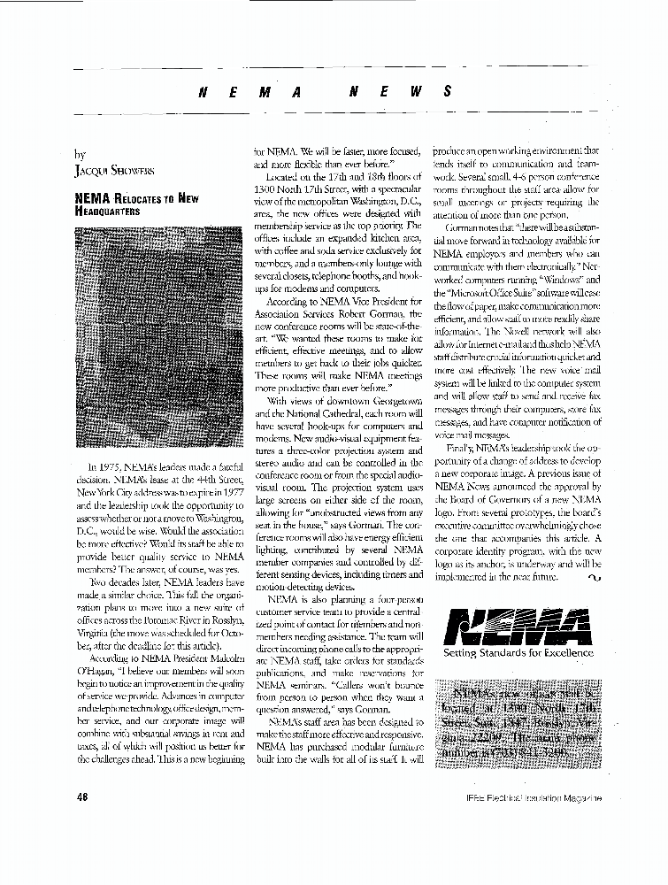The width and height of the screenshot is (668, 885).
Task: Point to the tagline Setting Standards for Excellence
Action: [x=518, y=653]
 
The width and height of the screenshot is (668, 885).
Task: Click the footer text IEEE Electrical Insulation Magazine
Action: [x=536, y=797]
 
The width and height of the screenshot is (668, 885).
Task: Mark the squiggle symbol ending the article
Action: [x=592, y=577]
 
